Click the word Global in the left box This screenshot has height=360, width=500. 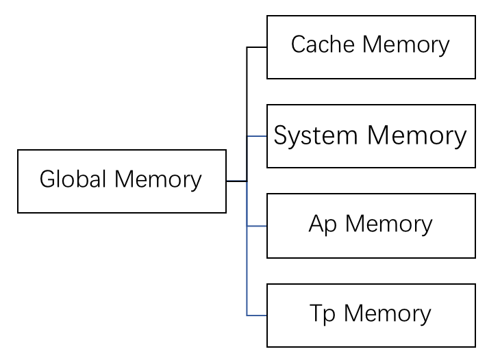tap(73, 179)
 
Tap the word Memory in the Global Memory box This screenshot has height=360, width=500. tap(158, 180)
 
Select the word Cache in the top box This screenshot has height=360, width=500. tap(323, 44)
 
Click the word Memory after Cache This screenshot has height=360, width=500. tap(406, 46)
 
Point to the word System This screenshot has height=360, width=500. tap(315, 136)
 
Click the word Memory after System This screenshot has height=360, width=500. tap(416, 136)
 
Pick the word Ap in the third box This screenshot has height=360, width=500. tap(323, 225)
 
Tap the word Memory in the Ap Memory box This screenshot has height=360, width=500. tap(389, 225)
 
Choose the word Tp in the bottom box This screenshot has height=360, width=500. tap(322, 314)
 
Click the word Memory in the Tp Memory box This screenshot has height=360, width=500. tap(388, 314)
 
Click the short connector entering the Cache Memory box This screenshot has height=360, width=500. tap(257, 47)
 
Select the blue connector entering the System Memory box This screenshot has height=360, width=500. tap(257, 136)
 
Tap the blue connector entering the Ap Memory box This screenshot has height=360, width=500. tap(257, 226)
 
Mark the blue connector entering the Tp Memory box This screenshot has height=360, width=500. tap(257, 316)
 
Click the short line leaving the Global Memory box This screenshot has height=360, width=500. tap(236, 181)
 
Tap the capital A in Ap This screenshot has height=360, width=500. tap(316, 223)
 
